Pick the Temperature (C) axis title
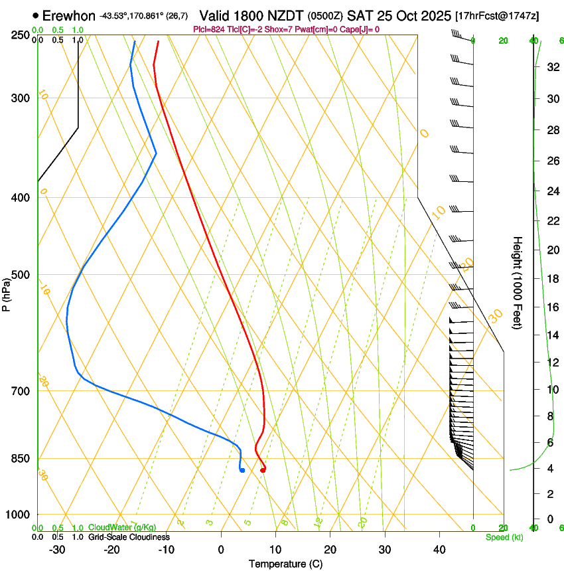(285, 564)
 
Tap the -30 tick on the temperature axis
(57, 549)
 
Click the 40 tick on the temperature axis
(439, 549)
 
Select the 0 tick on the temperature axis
(221, 549)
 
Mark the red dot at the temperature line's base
(263, 470)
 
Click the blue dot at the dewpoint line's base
(242, 470)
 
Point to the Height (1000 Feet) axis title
(518, 282)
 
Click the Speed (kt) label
(504, 537)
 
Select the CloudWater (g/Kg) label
(122, 527)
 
